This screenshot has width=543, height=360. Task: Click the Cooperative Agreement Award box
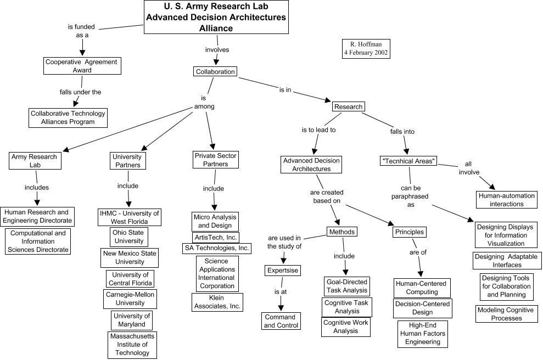[x=82, y=66]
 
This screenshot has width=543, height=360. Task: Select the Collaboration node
[x=215, y=71]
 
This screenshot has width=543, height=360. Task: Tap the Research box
[x=349, y=106]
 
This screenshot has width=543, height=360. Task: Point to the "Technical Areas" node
[x=408, y=161]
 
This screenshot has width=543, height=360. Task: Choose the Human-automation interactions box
[x=506, y=200]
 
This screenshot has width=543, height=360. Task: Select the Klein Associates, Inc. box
[x=217, y=302]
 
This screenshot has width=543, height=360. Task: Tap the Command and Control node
[x=281, y=321]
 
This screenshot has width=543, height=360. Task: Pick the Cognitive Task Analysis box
[x=346, y=307]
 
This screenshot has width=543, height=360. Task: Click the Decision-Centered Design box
[x=423, y=308]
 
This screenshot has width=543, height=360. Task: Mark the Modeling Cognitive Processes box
[x=506, y=314]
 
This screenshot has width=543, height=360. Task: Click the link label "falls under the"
[x=81, y=92]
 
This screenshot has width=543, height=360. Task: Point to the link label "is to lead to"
[x=318, y=131]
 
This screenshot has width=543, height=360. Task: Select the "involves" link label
[x=217, y=50]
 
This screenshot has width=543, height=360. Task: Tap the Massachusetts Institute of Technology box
[x=132, y=345]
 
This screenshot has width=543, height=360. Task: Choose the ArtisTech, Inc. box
[x=216, y=237]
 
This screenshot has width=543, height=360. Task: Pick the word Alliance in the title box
[x=216, y=29]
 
